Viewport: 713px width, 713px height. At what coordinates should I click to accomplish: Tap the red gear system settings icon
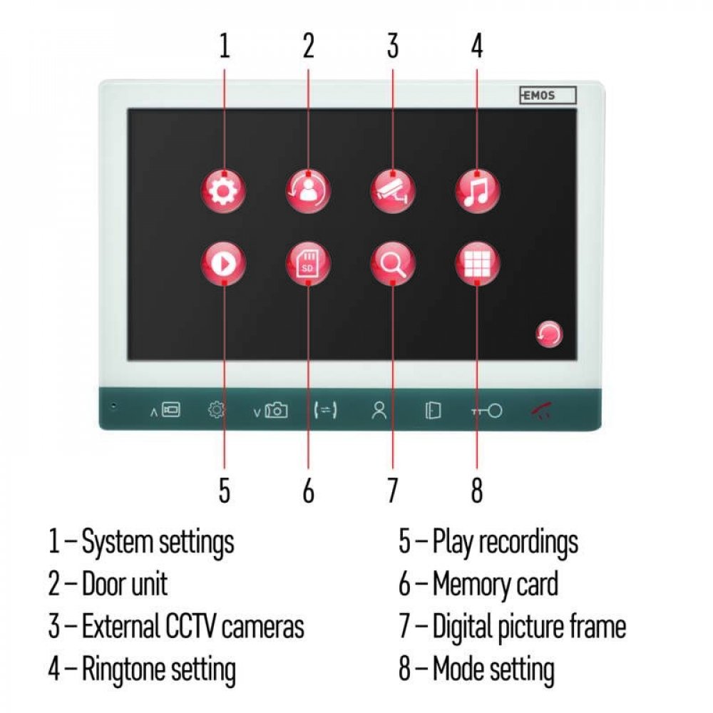(224, 191)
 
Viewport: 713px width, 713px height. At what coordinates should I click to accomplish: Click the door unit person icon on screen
(308, 191)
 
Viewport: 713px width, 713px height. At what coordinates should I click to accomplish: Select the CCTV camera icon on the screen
(393, 191)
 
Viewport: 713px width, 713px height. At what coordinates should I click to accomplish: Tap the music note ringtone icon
(478, 191)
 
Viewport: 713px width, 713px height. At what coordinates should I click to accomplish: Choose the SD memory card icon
(308, 264)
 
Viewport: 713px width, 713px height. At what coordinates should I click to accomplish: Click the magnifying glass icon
(393, 264)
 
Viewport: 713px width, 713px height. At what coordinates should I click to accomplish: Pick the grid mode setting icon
(478, 264)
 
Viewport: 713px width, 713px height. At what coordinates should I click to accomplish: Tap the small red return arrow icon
(549, 334)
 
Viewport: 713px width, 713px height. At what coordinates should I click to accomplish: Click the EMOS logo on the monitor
(548, 96)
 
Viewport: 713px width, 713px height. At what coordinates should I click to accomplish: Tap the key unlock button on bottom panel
(486, 411)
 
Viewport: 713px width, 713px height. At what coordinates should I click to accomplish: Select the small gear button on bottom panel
(217, 410)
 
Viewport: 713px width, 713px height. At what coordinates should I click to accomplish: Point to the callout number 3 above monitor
(393, 46)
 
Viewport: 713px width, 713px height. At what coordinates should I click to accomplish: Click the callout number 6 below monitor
(308, 491)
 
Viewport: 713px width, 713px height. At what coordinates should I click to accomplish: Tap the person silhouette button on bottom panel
(379, 411)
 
